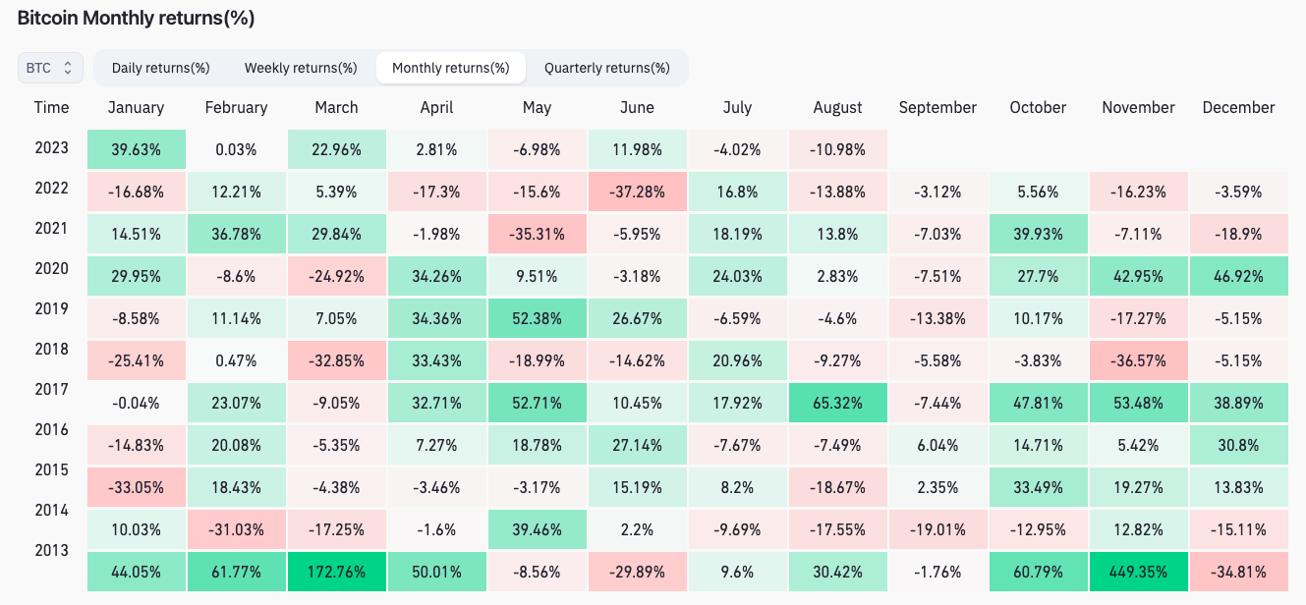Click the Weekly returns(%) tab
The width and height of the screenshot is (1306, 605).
[301, 68]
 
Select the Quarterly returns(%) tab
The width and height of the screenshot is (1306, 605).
[606, 68]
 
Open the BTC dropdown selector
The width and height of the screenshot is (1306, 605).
[49, 68]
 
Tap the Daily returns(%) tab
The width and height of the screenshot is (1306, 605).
[160, 68]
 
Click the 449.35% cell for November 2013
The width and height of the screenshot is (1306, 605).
[1138, 572]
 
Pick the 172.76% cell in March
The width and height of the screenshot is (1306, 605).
[336, 572]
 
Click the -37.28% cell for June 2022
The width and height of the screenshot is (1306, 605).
[637, 192]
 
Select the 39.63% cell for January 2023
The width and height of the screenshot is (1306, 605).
[136, 149]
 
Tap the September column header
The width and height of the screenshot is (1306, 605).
[937, 108]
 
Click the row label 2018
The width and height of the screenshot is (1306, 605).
[51, 349]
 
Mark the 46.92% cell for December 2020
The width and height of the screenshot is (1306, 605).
[1238, 276]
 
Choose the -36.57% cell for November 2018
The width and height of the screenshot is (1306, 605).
[1138, 360]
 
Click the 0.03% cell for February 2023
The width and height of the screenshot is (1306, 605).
[236, 149]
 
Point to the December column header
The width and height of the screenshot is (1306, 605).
[1238, 108]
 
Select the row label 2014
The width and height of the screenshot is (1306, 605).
[51, 510]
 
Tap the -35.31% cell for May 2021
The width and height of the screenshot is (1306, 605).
[537, 234]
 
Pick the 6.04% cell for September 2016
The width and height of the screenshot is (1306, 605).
[937, 445]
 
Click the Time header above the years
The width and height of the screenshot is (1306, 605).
[51, 108]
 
